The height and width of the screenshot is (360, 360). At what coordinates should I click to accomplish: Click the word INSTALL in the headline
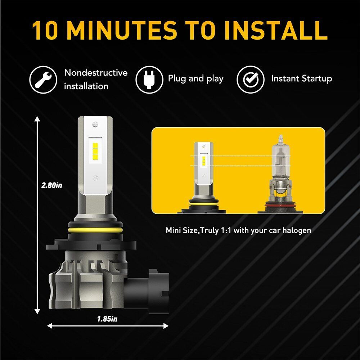(276, 31)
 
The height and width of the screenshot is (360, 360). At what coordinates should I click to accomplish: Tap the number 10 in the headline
(45, 31)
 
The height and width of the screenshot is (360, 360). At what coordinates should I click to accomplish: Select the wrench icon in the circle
(43, 80)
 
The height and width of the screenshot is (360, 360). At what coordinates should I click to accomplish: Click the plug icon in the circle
(149, 80)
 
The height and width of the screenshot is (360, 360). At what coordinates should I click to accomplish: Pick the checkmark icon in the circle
(251, 80)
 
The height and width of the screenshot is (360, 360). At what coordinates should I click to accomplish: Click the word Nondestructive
(96, 73)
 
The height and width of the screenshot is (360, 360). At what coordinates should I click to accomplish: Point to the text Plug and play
(195, 79)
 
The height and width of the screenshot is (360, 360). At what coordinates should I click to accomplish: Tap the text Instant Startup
(301, 78)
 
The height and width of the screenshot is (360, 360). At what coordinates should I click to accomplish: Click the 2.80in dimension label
(51, 185)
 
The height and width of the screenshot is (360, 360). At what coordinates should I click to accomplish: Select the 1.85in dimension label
(107, 319)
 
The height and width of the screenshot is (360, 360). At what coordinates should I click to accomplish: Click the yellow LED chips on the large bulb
(95, 151)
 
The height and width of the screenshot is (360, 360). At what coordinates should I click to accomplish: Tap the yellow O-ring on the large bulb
(95, 230)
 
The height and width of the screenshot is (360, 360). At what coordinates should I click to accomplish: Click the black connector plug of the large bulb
(147, 292)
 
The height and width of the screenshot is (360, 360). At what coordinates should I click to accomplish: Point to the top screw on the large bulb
(95, 125)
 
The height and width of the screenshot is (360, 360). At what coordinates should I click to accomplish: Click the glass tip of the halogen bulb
(280, 139)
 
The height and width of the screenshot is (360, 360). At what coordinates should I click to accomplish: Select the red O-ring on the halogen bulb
(280, 204)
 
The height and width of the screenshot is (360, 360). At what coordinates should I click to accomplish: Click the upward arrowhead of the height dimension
(37, 119)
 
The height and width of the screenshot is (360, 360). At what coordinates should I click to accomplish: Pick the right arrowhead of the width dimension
(166, 325)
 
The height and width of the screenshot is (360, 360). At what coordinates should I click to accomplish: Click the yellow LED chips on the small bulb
(203, 161)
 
